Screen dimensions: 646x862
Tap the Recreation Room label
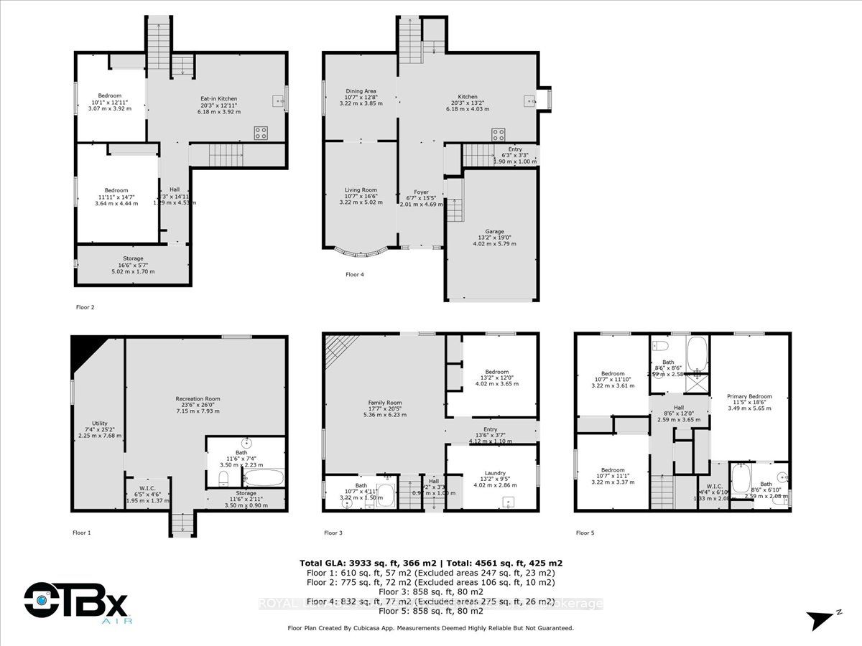tap(198, 398)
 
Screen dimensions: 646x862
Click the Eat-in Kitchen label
tap(218, 99)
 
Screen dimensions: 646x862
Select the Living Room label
tap(361, 190)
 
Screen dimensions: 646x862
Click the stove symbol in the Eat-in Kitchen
tap(261, 133)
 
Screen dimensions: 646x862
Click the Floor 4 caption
tap(355, 274)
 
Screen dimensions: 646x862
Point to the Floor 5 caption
tap(585, 533)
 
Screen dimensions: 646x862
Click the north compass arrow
tap(820, 618)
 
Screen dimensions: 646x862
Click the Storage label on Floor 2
tap(133, 258)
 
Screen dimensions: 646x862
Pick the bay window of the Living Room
tap(361, 251)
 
